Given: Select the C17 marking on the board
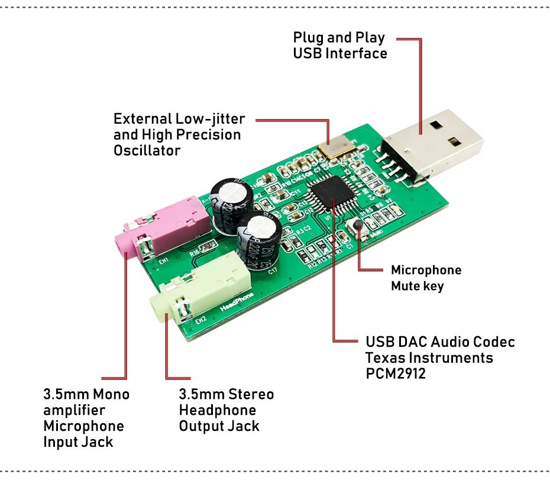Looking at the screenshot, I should click(x=273, y=272).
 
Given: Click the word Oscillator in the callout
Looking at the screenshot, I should click(x=147, y=151).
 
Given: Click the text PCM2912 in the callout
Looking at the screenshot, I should click(x=395, y=373).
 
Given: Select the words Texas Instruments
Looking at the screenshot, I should click(x=429, y=357).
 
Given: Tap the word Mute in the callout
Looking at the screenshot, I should click(x=405, y=286).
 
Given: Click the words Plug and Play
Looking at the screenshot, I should click(x=339, y=38).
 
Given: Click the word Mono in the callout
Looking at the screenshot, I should click(x=111, y=394).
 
